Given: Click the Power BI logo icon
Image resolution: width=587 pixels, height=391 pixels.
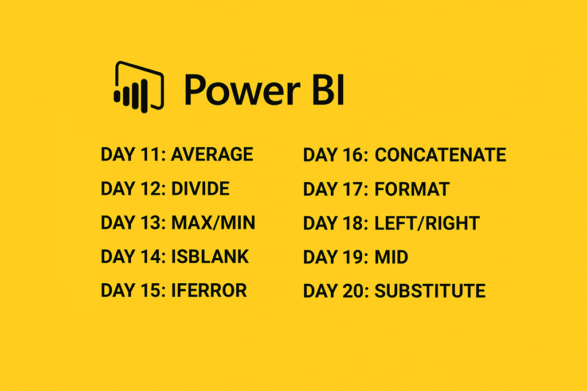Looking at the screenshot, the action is click(139, 87).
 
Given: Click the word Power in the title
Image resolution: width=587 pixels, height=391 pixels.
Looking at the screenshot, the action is click(242, 90).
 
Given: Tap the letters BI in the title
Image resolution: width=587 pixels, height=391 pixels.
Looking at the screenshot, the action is click(328, 89).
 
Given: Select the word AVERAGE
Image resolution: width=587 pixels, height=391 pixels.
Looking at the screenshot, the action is click(212, 154).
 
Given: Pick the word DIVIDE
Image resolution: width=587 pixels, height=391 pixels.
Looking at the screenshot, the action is click(200, 189).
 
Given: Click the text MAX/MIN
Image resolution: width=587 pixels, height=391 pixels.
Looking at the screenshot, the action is click(213, 222).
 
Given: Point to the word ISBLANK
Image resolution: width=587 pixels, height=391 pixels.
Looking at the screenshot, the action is click(210, 256).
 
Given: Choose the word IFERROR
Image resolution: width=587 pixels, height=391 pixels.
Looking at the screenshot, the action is click(209, 291).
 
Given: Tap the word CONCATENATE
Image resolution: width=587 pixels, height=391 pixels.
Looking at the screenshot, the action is click(440, 155).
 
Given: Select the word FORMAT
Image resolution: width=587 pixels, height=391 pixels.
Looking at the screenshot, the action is click(412, 189).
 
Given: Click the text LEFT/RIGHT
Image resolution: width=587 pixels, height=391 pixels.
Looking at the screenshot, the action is click(427, 223).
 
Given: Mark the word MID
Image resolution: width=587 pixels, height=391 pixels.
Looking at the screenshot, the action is click(392, 257).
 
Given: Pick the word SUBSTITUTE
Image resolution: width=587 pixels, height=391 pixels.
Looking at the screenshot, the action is click(430, 291).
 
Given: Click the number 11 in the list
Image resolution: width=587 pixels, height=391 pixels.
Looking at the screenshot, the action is click(151, 154).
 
